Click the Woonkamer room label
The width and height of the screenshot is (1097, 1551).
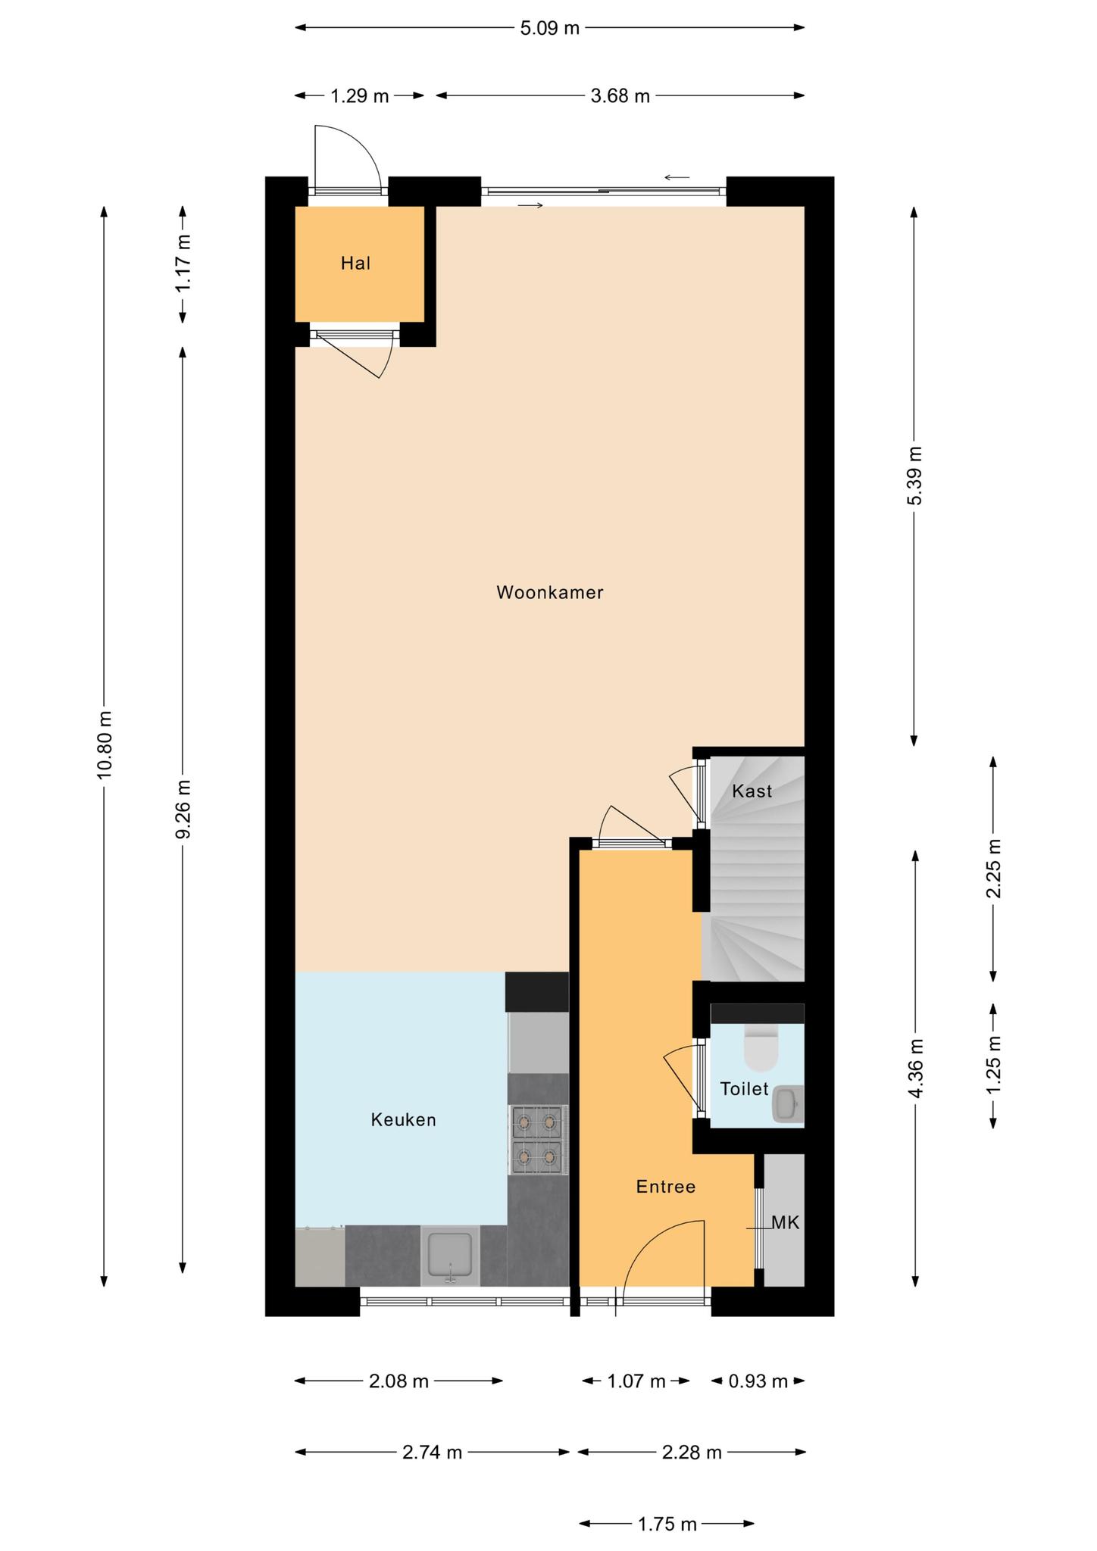pos(550,592)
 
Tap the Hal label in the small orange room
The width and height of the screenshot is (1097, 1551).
pos(355,264)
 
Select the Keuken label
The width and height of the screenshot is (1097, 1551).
pos(403,1119)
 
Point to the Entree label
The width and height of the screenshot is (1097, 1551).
pos(666,1187)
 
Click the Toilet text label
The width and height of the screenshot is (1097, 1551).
pos(744,1089)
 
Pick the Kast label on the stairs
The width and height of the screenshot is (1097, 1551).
pos(752,791)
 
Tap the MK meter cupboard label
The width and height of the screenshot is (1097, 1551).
pos(786,1222)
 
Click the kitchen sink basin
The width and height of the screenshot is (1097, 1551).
pos(451,1255)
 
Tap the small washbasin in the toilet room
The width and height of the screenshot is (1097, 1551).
pos(788,1104)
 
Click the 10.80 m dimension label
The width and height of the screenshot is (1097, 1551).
pos(105,744)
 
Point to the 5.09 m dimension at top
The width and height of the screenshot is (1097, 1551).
pos(549,29)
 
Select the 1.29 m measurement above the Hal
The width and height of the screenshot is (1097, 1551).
pos(359,96)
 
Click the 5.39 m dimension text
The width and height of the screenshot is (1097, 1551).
pos(915,476)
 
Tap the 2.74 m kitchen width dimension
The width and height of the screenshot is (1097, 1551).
pos(432,1453)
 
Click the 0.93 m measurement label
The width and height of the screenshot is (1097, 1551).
pos(758,1381)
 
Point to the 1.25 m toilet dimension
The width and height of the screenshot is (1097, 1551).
pos(994,1064)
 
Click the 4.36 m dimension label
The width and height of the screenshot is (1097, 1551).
pos(916,1069)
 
